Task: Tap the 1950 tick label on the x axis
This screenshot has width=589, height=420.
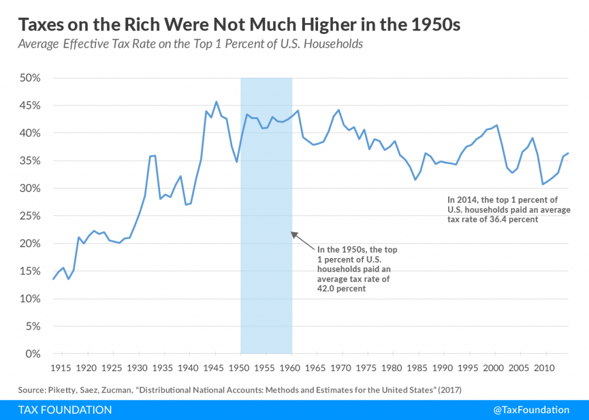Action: pos(240,367)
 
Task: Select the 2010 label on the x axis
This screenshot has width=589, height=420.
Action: pos(545,367)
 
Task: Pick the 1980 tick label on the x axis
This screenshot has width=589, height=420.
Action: pos(392,367)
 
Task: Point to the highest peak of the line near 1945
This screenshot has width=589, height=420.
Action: pos(216,102)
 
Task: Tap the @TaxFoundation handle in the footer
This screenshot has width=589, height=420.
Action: pos(531,410)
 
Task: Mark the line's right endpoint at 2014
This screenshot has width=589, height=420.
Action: pos(569,153)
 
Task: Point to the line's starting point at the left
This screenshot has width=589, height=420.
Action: pos(53,279)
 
